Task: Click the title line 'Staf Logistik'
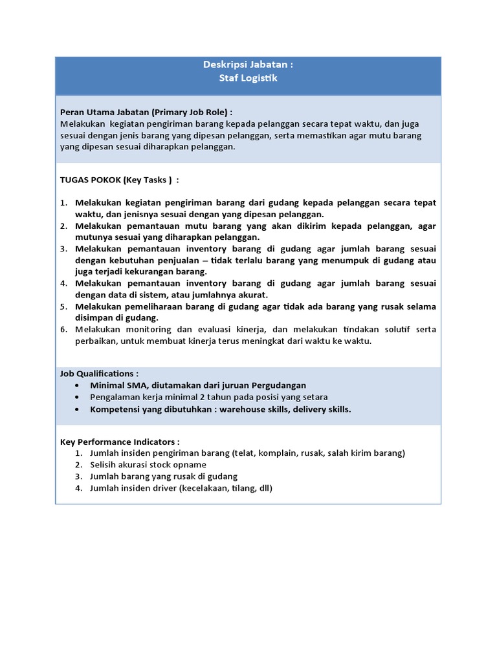248,78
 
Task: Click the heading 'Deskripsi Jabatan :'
248,65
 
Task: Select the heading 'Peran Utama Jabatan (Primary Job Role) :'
146,111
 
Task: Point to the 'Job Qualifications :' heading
99,374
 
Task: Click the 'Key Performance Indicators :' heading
120,442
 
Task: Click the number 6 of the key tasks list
63,330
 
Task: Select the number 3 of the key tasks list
63,248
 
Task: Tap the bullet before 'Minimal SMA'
78,385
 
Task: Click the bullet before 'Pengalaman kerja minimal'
78,398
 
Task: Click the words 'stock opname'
179,465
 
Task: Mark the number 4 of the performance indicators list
78,488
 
